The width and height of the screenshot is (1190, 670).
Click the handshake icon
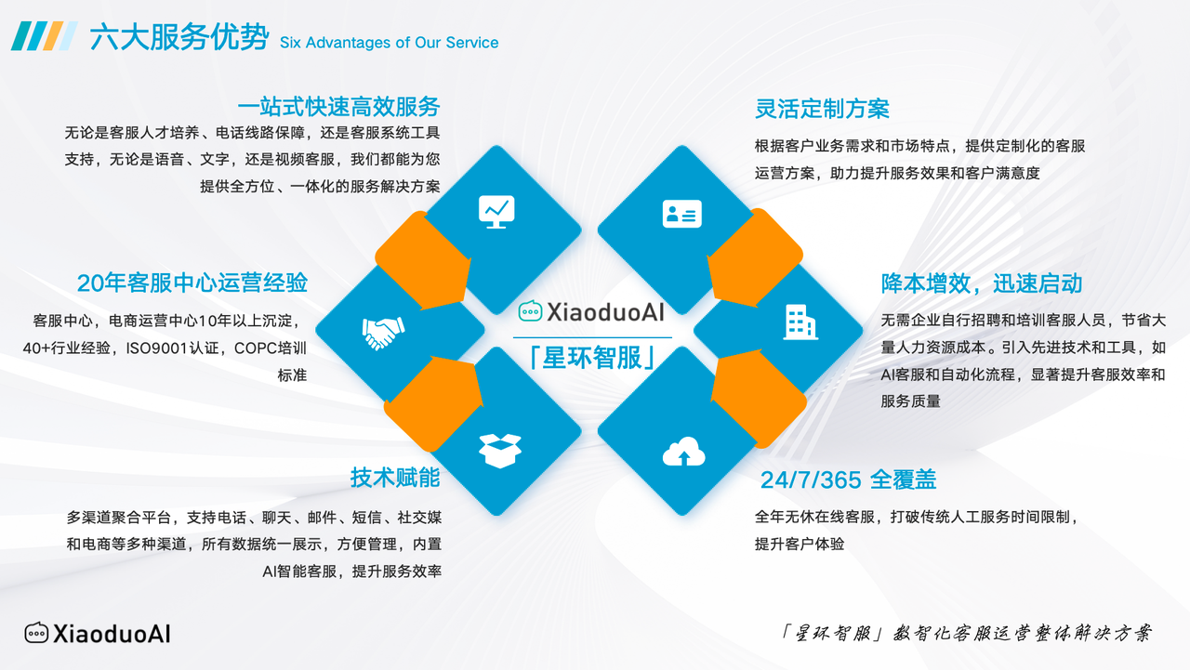tap(383, 333)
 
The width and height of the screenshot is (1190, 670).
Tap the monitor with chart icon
tap(496, 212)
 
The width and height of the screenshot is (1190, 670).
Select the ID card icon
tap(682, 214)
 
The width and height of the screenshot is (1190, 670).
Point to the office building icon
tap(800, 322)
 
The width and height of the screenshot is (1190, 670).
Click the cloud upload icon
tap(683, 452)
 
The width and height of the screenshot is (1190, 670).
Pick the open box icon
tap(500, 451)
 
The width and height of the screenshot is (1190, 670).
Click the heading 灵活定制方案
tap(822, 109)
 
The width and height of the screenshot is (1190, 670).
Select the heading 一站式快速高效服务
tap(338, 107)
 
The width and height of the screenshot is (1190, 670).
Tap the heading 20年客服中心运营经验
tap(192, 283)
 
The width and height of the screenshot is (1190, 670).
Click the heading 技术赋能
tap(395, 478)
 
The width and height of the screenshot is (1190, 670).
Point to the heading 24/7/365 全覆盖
tap(849, 480)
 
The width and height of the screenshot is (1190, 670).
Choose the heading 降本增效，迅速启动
tap(981, 283)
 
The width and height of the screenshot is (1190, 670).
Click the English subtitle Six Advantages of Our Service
tap(389, 43)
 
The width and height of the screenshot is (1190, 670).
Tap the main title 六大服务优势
tap(179, 37)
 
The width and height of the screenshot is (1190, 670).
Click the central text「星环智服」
tap(592, 358)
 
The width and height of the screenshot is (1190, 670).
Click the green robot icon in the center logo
tap(530, 311)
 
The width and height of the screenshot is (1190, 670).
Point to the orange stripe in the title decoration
tap(53, 36)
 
